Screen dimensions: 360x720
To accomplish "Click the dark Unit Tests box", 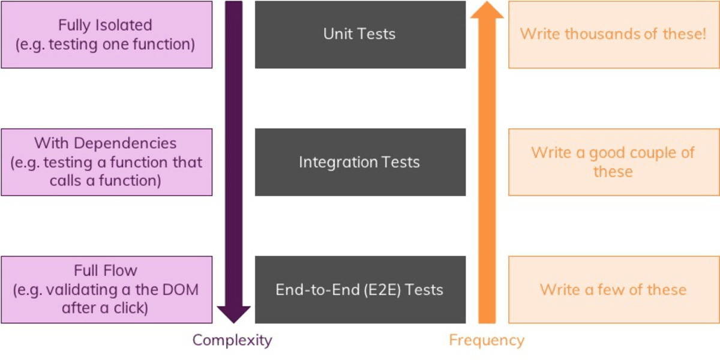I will click(360, 34).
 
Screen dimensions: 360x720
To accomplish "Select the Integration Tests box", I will click(360, 162).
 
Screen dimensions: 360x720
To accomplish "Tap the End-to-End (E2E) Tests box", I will click(360, 290).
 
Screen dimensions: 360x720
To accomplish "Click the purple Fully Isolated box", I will click(106, 34).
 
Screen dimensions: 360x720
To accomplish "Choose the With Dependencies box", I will click(106, 162).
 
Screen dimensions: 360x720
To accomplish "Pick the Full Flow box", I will click(106, 290).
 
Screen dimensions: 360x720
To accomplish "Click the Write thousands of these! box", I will click(613, 34).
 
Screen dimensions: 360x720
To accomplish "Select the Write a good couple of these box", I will click(613, 162).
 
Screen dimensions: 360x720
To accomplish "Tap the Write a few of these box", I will click(613, 290).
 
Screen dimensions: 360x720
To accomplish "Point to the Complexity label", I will click(232, 341).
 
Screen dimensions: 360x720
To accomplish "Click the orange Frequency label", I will click(487, 341).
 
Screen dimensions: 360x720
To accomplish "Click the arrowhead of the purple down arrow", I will click(233, 314).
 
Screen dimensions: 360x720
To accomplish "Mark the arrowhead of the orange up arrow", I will click(487, 10).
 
